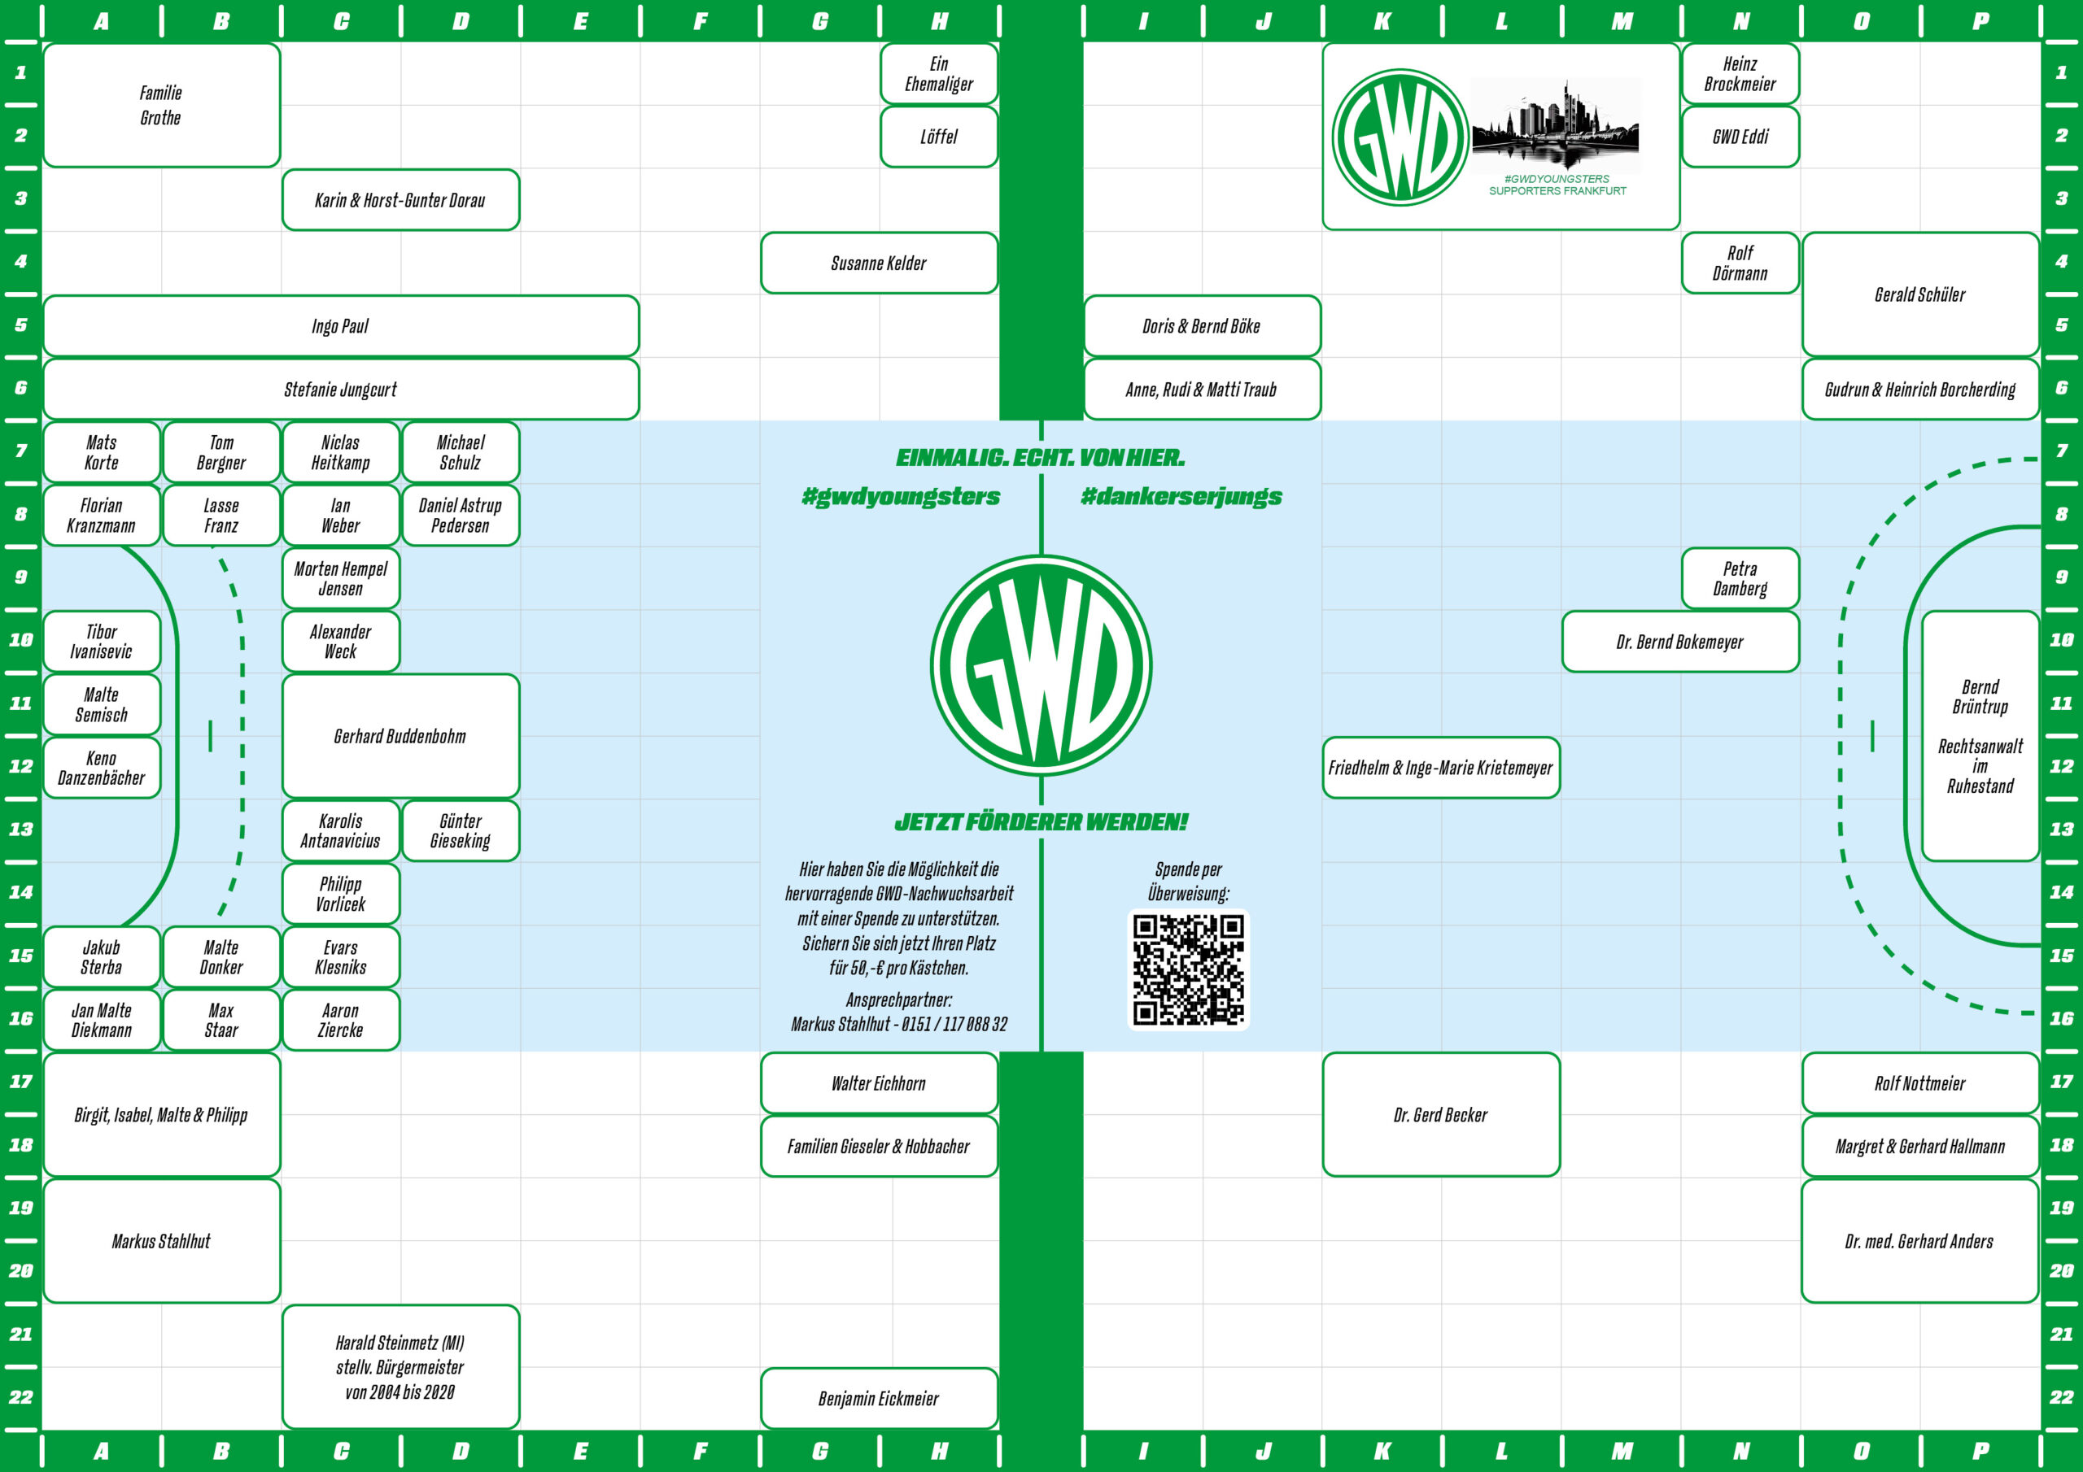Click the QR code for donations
tap(1188, 969)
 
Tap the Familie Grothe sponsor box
tap(161, 105)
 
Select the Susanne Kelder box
tap(878, 263)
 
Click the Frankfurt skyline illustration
tap(1555, 127)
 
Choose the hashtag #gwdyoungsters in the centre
tap(901, 496)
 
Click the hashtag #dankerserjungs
tap(1181, 496)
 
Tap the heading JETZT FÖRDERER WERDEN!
tap(1041, 821)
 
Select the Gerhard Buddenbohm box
tap(400, 735)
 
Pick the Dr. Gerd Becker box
tap(1441, 1115)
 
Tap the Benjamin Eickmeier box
tap(878, 1399)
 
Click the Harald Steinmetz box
tap(400, 1367)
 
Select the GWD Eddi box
tap(1740, 137)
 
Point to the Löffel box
tap(938, 137)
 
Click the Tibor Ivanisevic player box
tap(102, 641)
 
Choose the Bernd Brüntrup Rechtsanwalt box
tap(1980, 735)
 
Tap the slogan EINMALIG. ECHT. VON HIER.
tap(1041, 457)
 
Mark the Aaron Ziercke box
tap(340, 1020)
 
